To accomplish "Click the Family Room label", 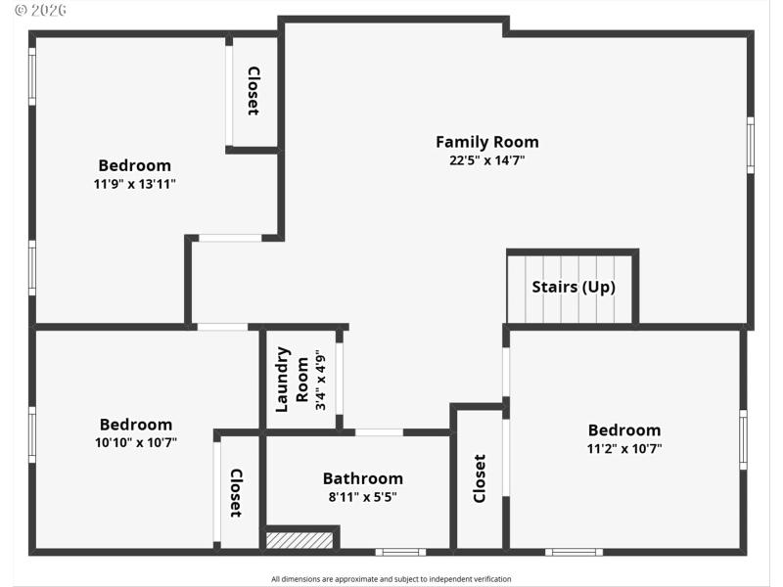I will (x=486, y=142).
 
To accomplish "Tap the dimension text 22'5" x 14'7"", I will (x=486, y=160).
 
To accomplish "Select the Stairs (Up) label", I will (x=573, y=287).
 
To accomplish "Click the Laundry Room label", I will (x=292, y=379).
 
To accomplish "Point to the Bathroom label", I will (x=362, y=478).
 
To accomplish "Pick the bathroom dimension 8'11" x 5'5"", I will (x=362, y=497).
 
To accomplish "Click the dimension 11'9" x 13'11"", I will (x=134, y=184).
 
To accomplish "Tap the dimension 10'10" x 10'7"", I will (x=135, y=442).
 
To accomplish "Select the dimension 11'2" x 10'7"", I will (x=623, y=448).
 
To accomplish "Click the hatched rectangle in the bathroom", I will (x=300, y=539).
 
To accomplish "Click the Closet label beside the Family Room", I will (x=253, y=91).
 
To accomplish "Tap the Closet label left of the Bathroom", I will (x=236, y=492).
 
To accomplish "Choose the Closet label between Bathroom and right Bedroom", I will (x=480, y=478).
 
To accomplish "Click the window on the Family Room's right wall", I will (x=751, y=145).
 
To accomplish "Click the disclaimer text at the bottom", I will (x=391, y=579).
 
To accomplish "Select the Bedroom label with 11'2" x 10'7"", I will (x=623, y=430).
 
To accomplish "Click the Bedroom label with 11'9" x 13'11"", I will (x=134, y=165).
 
